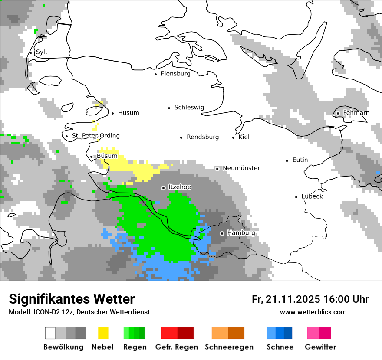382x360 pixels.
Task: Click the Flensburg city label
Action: [175, 74]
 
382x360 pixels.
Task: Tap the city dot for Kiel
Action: [234, 137]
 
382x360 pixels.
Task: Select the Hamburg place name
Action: [241, 233]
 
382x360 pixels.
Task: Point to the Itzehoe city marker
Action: [163, 188]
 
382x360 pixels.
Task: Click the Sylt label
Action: [42, 52]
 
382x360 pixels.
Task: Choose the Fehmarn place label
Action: [356, 113]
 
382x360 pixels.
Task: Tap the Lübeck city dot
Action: [296, 197]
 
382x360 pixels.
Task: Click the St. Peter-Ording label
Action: [95, 136]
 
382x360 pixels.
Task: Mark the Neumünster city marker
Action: [217, 169]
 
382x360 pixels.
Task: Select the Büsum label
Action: [107, 156]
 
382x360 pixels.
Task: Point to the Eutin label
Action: [300, 160]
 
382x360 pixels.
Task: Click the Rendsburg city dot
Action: [181, 137]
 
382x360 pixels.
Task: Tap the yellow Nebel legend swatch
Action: [103, 333]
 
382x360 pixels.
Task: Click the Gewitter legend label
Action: [320, 347]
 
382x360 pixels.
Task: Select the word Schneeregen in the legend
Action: [229, 347]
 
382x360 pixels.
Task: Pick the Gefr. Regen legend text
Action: [177, 347]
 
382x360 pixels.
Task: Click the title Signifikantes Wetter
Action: [72, 299]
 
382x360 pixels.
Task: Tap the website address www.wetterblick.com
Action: [313, 312]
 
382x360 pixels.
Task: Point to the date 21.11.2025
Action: [293, 299]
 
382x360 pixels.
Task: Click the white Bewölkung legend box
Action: [50, 333]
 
